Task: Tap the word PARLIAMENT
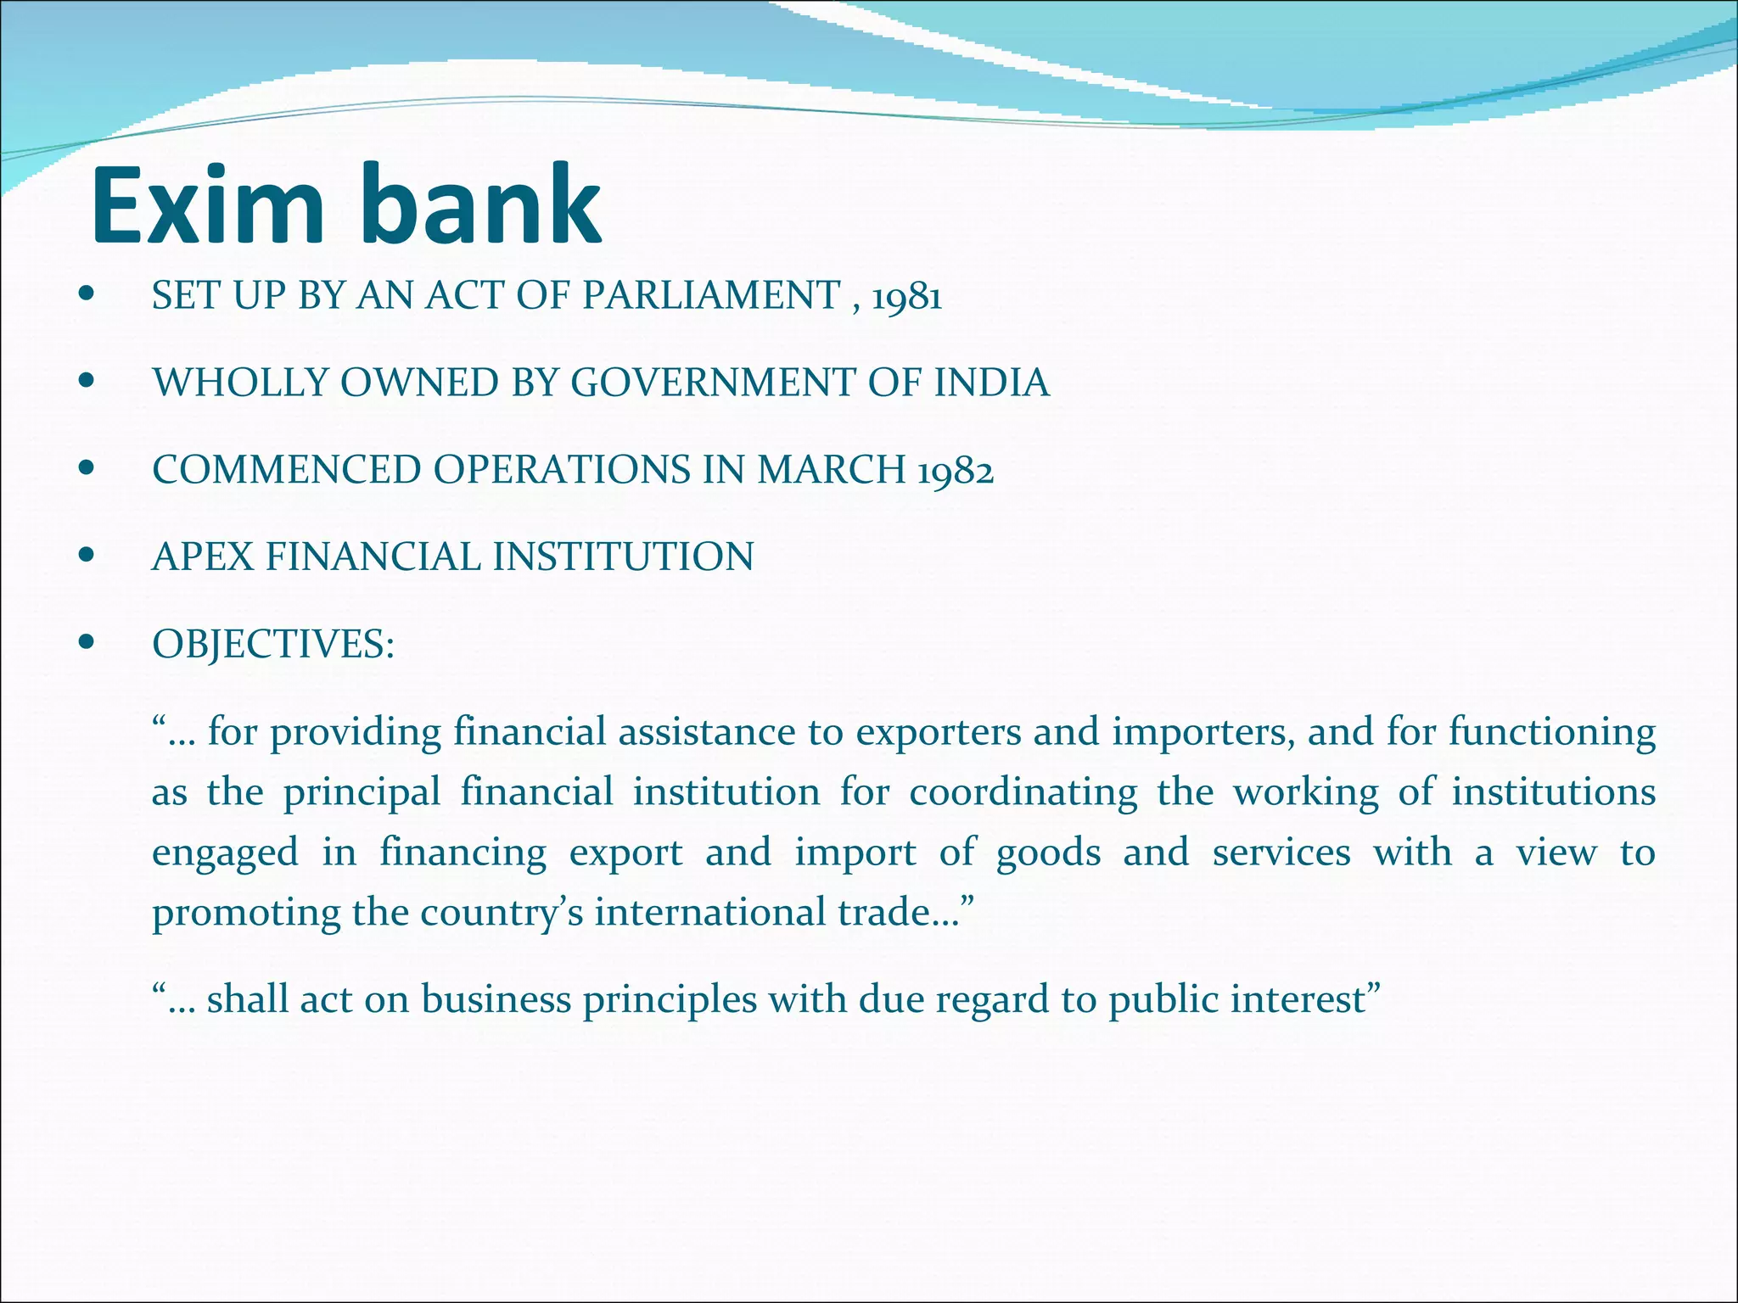coord(710,296)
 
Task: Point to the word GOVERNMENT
coord(712,383)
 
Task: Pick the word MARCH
coord(831,470)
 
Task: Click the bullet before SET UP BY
coord(85,296)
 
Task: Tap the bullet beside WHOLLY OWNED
coord(85,383)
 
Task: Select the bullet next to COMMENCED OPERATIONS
coord(85,469)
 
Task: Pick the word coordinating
coord(1023,793)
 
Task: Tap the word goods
coord(1048,853)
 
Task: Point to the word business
coord(496,999)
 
